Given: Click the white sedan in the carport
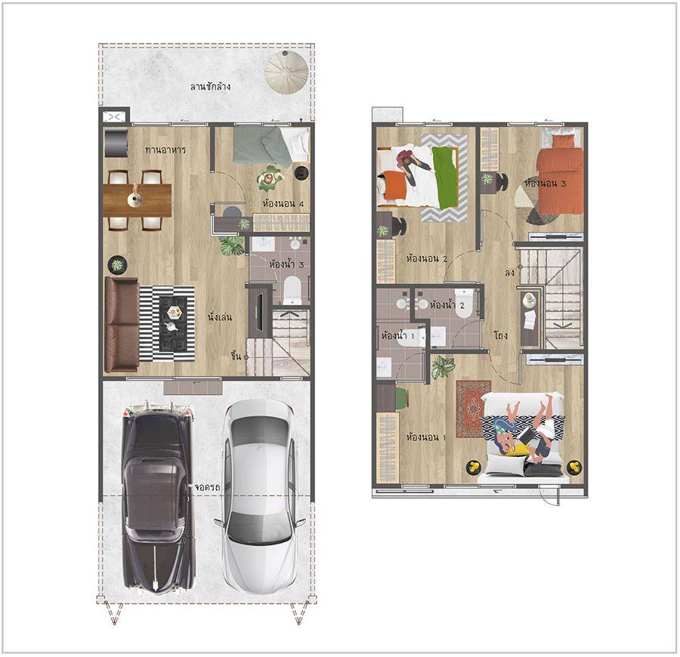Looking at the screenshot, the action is pos(261,497).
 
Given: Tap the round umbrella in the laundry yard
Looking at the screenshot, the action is pos(286,72).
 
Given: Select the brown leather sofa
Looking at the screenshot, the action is pos(122,325).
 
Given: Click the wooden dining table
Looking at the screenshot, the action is pos(138,200).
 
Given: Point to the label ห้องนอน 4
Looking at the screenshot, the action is pos(283,203).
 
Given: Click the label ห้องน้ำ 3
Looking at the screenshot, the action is pos(286,264).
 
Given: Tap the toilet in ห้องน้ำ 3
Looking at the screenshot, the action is pos(292,290).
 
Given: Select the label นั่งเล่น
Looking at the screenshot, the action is pos(219,317).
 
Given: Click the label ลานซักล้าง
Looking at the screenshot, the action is pos(210,86).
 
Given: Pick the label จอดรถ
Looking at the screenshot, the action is pos(207,487).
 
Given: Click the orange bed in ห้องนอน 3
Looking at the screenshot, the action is pos(559,174).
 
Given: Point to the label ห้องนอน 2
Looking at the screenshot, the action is pos(426,259).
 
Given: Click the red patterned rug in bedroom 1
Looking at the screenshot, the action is pos(473,409).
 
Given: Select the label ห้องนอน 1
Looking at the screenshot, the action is pos(426,436).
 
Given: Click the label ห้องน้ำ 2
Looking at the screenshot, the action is pos(447,304).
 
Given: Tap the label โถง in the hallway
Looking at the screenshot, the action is pos(500,335).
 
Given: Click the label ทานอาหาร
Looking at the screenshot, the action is pos(165,150).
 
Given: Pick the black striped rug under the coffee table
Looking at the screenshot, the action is pos(167,323).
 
